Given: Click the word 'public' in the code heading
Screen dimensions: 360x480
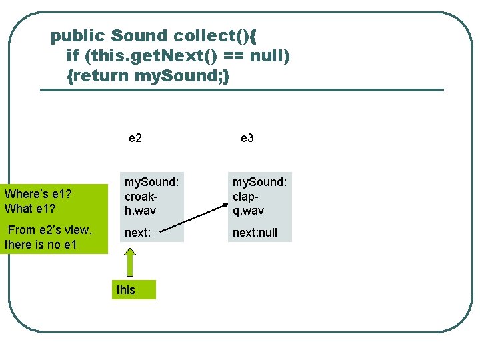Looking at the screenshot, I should pyautogui.click(x=78, y=35).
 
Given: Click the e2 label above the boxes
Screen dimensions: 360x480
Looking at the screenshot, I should pyautogui.click(x=135, y=138).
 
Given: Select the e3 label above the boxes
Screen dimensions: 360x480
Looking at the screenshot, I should pyautogui.click(x=247, y=138).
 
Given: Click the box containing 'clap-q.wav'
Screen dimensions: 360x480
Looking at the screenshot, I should pyautogui.click(x=259, y=197).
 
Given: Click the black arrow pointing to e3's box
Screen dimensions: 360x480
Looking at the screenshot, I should pyautogui.click(x=193, y=221).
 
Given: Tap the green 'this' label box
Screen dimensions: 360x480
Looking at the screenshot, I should pyautogui.click(x=133, y=290).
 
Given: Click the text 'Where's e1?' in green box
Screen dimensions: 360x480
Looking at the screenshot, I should pyautogui.click(x=38, y=195).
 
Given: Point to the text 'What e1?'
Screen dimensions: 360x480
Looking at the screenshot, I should pyautogui.click(x=30, y=208).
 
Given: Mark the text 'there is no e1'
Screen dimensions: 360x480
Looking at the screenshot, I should pyautogui.click(x=41, y=245).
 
